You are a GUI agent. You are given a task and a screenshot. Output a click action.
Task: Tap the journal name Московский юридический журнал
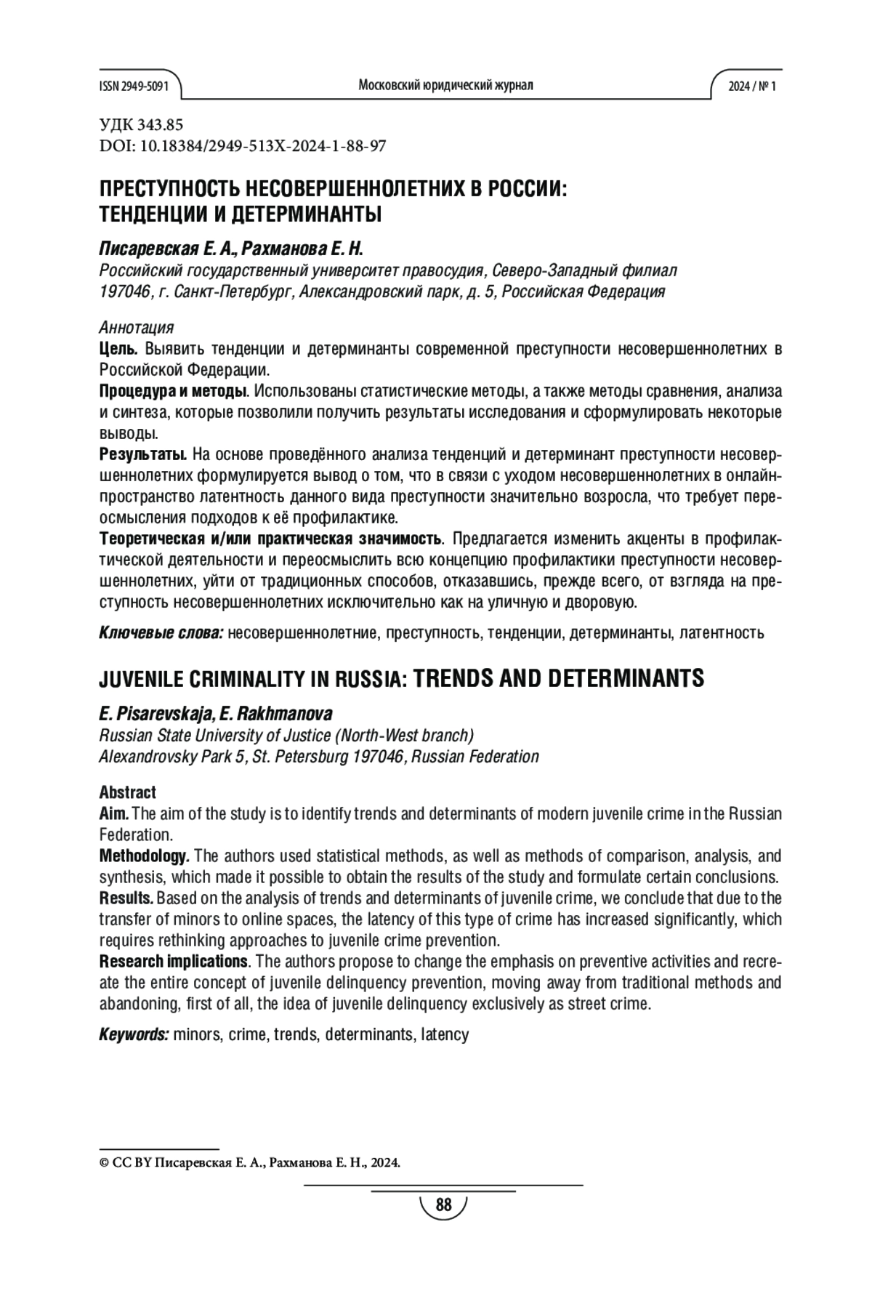445,86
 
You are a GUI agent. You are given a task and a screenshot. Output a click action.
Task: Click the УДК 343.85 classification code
141,125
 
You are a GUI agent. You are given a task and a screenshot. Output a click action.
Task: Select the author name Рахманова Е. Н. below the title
302,249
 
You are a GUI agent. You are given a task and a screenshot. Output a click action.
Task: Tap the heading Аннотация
136,327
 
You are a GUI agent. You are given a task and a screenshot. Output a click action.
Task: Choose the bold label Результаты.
143,456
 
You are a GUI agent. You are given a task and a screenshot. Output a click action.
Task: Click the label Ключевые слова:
161,632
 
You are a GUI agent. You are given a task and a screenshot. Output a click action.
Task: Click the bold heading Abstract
127,792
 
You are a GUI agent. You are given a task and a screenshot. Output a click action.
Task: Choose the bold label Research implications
174,962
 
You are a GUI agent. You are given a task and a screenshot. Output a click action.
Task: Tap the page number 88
443,1205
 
